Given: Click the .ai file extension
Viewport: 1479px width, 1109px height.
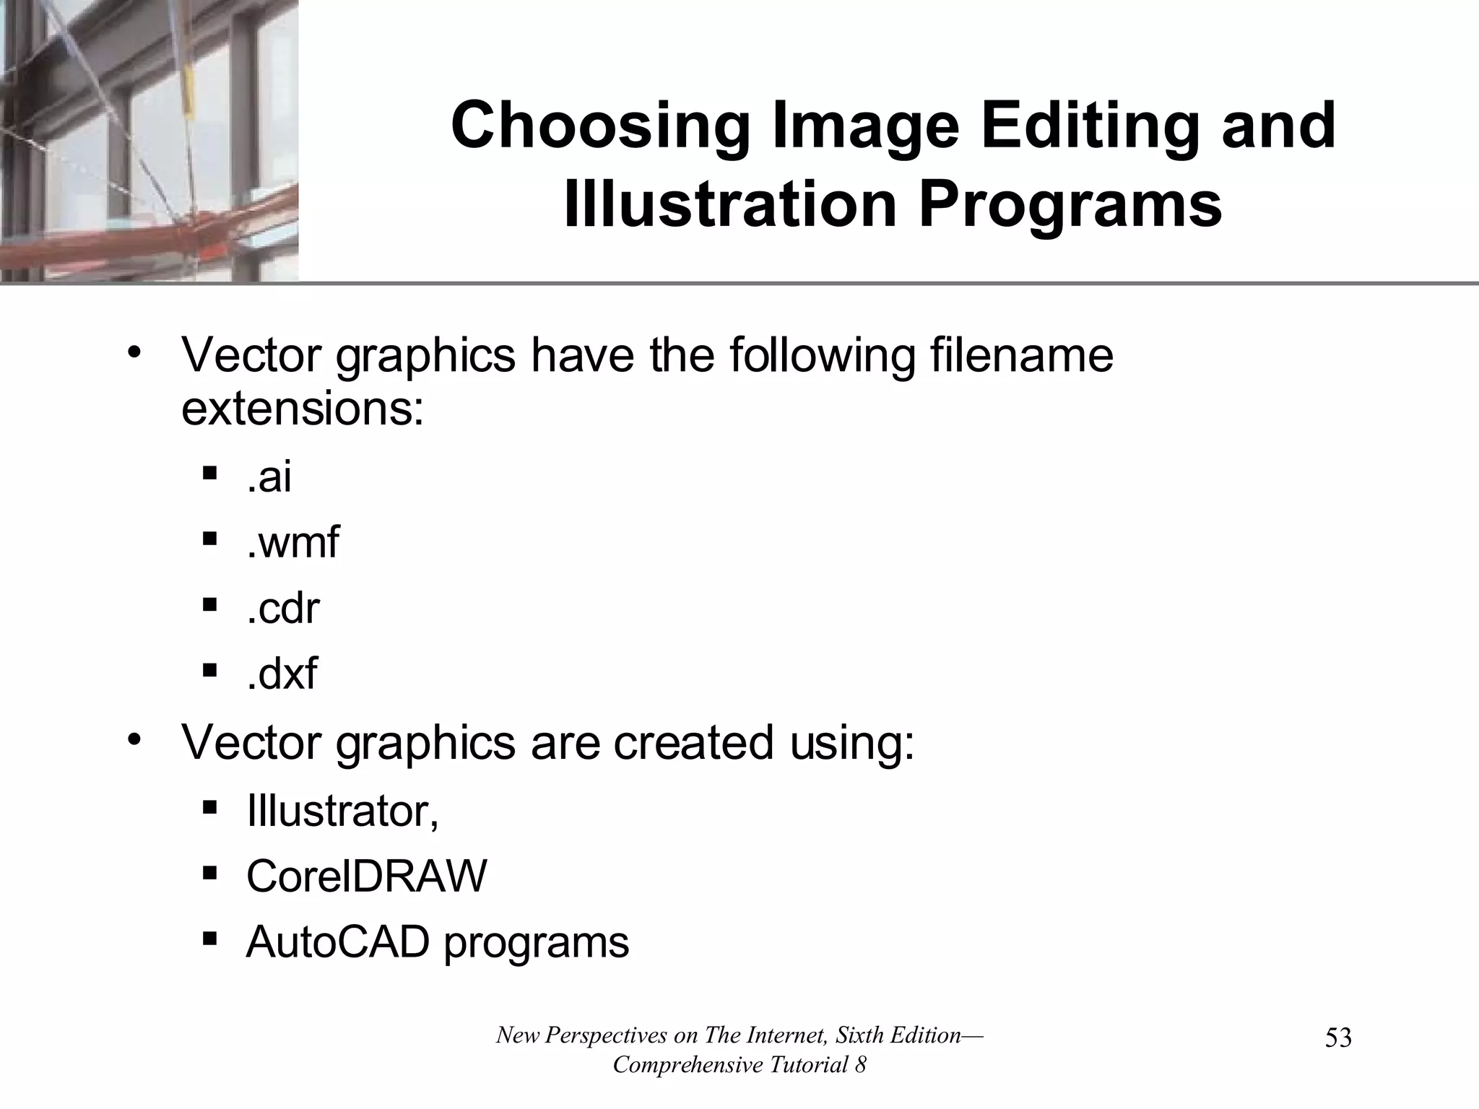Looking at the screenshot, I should tap(269, 477).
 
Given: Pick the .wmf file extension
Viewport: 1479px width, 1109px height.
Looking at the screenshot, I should tap(292, 542).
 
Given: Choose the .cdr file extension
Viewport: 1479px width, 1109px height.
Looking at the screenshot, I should tap(282, 608).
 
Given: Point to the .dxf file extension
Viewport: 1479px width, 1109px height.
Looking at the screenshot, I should tap(281, 674).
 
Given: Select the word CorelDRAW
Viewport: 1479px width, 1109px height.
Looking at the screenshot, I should tap(366, 877).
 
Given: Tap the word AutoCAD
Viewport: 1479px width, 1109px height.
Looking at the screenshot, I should tap(338, 942).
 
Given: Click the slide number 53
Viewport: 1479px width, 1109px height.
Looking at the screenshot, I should tap(1338, 1038).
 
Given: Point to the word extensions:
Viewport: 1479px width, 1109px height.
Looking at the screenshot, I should tap(302, 409).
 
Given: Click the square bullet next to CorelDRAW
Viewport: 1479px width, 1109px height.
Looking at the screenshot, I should tap(210, 874).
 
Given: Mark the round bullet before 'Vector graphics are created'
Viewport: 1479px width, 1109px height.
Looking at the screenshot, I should tap(133, 740).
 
